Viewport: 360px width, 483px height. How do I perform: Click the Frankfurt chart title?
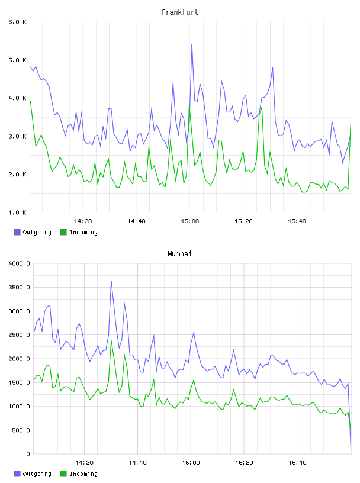click(x=180, y=12)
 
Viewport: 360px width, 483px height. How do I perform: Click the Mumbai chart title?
click(x=179, y=254)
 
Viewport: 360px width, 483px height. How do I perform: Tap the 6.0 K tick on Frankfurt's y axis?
click(x=18, y=22)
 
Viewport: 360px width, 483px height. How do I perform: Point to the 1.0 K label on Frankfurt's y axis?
click(x=18, y=212)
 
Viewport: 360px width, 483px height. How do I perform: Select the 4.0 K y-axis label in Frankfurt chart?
click(x=18, y=98)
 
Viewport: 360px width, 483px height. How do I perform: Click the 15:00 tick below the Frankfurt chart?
click(x=190, y=221)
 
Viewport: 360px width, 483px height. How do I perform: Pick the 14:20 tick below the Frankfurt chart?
click(x=83, y=221)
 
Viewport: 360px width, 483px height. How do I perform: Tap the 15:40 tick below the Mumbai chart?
click(x=297, y=463)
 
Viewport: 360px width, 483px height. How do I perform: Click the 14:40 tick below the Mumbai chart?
click(x=137, y=463)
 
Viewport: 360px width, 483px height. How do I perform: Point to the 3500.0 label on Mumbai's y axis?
click(x=20, y=288)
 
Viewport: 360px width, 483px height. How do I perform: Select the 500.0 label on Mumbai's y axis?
click(x=21, y=430)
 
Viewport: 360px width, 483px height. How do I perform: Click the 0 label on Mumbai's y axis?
click(x=28, y=454)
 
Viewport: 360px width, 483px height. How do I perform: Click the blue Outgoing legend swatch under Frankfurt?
click(x=17, y=232)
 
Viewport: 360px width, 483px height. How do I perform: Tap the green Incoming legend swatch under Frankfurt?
click(x=63, y=232)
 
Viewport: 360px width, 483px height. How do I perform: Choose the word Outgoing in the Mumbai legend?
click(x=37, y=474)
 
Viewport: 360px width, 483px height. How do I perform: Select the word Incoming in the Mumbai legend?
click(x=83, y=474)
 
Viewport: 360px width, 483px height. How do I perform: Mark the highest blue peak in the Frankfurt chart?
click(x=192, y=44)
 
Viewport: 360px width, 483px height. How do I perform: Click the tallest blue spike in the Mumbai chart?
click(x=111, y=281)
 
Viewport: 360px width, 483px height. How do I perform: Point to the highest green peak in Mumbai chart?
click(x=111, y=339)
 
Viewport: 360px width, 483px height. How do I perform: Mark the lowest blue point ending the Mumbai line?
click(x=351, y=446)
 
